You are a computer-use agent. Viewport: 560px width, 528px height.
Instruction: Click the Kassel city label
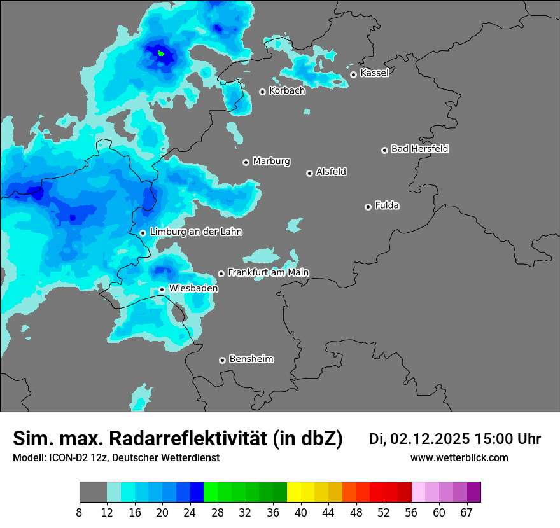tap(374, 73)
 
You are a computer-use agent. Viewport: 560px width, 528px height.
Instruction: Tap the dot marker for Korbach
tap(262, 92)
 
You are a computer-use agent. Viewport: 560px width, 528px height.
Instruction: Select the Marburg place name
tap(271, 162)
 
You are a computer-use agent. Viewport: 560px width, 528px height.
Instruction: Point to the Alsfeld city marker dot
tap(309, 173)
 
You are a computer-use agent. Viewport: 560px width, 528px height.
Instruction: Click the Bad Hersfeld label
tap(419, 149)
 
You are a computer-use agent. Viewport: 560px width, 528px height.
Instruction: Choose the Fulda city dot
tap(368, 207)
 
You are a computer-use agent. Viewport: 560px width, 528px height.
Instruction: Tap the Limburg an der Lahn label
tap(195, 232)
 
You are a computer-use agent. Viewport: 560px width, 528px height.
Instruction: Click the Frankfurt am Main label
tap(268, 272)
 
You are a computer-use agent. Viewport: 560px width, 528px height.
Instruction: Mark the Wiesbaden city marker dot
tap(162, 289)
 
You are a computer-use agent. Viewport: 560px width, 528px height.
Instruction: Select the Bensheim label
tap(251, 359)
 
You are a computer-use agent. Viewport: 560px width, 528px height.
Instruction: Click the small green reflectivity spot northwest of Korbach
tap(161, 53)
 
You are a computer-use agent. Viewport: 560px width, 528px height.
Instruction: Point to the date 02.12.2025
tap(430, 439)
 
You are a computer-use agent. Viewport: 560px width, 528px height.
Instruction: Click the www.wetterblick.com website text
tap(459, 458)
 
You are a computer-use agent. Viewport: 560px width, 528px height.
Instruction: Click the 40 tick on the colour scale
tap(301, 512)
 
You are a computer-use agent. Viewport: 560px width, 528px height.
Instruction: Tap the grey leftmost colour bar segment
tap(93, 492)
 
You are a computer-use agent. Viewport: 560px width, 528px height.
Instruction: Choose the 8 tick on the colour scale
tap(80, 512)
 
